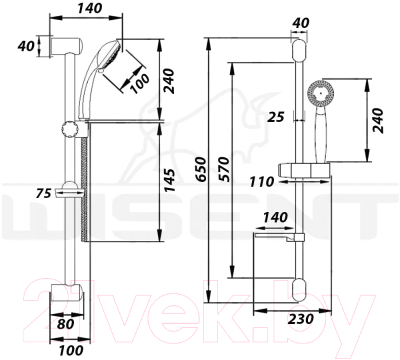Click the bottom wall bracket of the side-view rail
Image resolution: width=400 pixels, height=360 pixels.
click(67, 296)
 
